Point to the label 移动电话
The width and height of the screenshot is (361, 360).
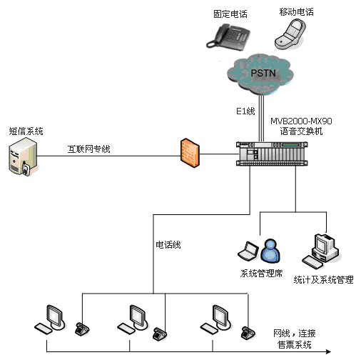pyautogui.click(x=295, y=12)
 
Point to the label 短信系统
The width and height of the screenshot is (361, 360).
pyautogui.click(x=26, y=131)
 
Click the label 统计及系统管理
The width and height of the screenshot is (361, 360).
pyautogui.click(x=323, y=280)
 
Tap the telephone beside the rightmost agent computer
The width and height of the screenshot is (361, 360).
pyautogui.click(x=248, y=331)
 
